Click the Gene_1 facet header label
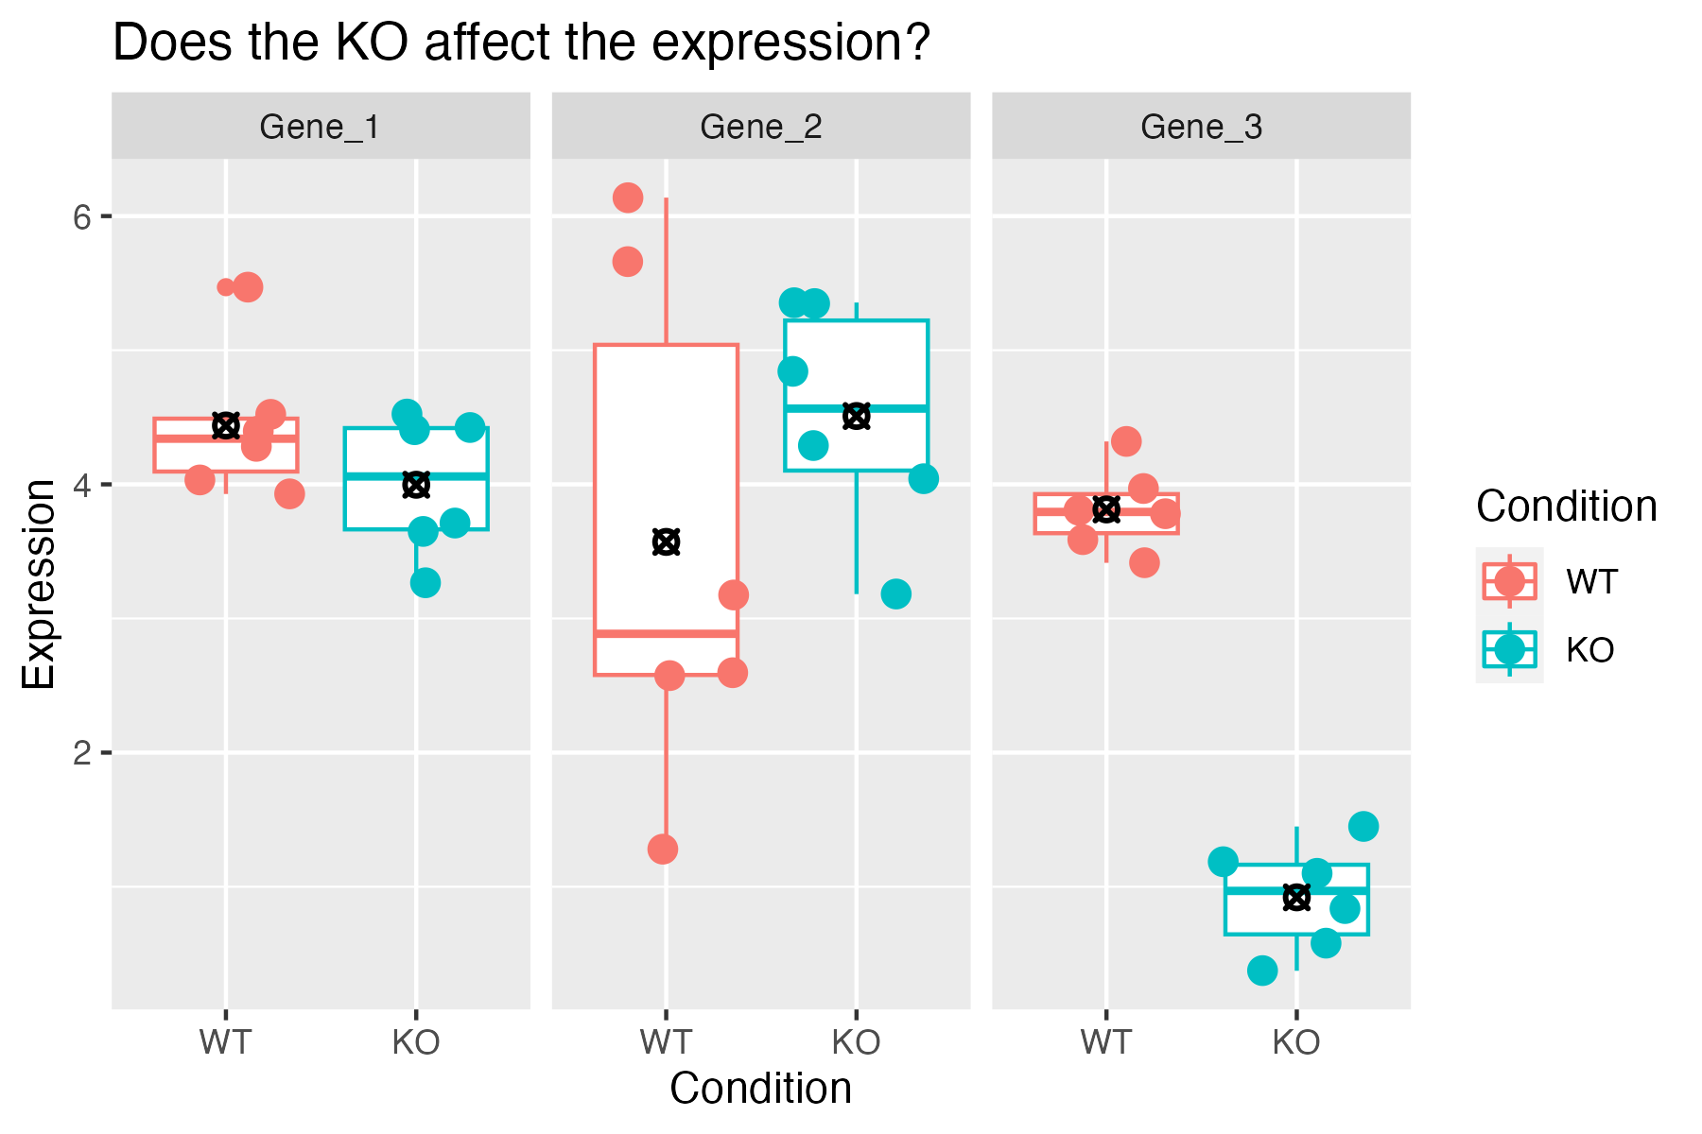click(x=320, y=127)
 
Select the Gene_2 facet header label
click(x=760, y=127)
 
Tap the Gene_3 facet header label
click(x=1201, y=127)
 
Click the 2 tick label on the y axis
click(x=81, y=753)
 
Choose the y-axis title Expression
click(x=40, y=584)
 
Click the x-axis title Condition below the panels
click(x=760, y=1089)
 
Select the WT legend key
click(x=1509, y=580)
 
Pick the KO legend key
click(x=1509, y=648)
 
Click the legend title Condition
click(x=1566, y=507)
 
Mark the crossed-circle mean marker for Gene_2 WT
click(x=667, y=542)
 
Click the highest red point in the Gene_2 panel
click(x=628, y=198)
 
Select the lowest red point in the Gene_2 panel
click(x=663, y=849)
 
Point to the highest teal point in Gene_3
click(x=1363, y=826)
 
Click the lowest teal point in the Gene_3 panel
click(x=1262, y=970)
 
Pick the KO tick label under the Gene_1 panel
click(x=416, y=1043)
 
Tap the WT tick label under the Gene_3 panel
click(x=1106, y=1043)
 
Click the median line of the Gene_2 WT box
click(x=667, y=633)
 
